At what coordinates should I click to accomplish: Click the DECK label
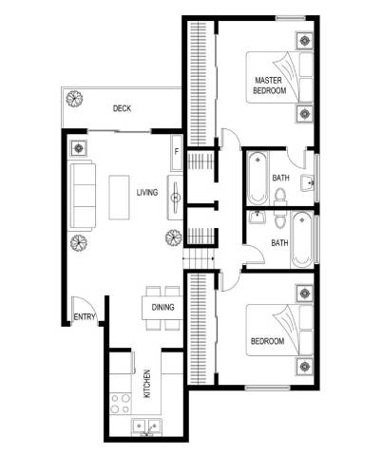coord(122,108)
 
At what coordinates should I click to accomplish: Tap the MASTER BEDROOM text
coord(270,85)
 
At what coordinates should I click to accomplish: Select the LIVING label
coord(147,192)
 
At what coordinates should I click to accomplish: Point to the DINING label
coord(162,307)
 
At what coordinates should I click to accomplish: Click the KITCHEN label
coord(147,384)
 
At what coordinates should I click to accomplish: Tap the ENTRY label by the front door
coord(85,316)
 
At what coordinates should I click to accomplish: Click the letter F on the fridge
coord(177,152)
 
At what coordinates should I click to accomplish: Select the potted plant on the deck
coord(74,99)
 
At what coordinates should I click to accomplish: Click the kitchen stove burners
coord(121,404)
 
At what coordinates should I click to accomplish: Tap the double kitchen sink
coord(146,427)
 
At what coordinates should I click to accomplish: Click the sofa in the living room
coord(82,197)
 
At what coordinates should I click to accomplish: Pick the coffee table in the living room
coord(119,198)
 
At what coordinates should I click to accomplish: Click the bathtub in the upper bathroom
coord(257,179)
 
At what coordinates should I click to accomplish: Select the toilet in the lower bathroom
coord(280,219)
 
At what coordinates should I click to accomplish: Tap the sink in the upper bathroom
coord(308,183)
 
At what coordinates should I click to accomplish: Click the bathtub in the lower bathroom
coord(302,239)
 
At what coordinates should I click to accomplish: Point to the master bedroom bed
coord(280,78)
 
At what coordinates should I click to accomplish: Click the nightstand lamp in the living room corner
coord(78,148)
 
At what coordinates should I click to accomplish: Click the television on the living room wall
coord(175,198)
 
